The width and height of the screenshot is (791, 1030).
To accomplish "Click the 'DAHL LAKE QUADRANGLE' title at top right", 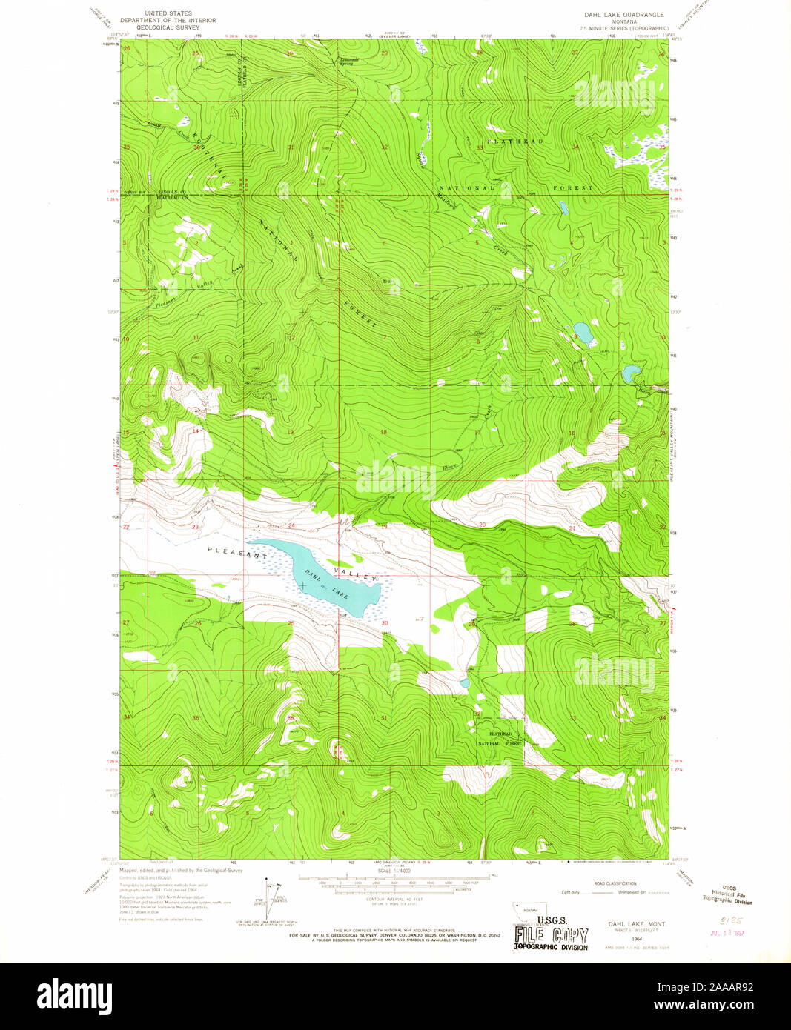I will click(626, 14).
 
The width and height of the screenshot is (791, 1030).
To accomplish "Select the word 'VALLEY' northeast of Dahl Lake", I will click(360, 573).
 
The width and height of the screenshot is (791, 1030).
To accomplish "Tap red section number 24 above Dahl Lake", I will click(291, 525).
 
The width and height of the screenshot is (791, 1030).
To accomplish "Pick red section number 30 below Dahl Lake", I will click(385, 623).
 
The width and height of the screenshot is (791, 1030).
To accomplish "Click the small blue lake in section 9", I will click(583, 333).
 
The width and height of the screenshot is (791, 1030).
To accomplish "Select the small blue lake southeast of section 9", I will click(631, 373).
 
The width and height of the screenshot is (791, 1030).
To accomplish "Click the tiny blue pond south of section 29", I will click(465, 682).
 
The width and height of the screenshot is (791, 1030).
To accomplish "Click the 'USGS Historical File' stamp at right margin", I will click(727, 897).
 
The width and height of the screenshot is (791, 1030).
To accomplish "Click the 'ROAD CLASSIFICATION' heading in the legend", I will click(615, 883).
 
